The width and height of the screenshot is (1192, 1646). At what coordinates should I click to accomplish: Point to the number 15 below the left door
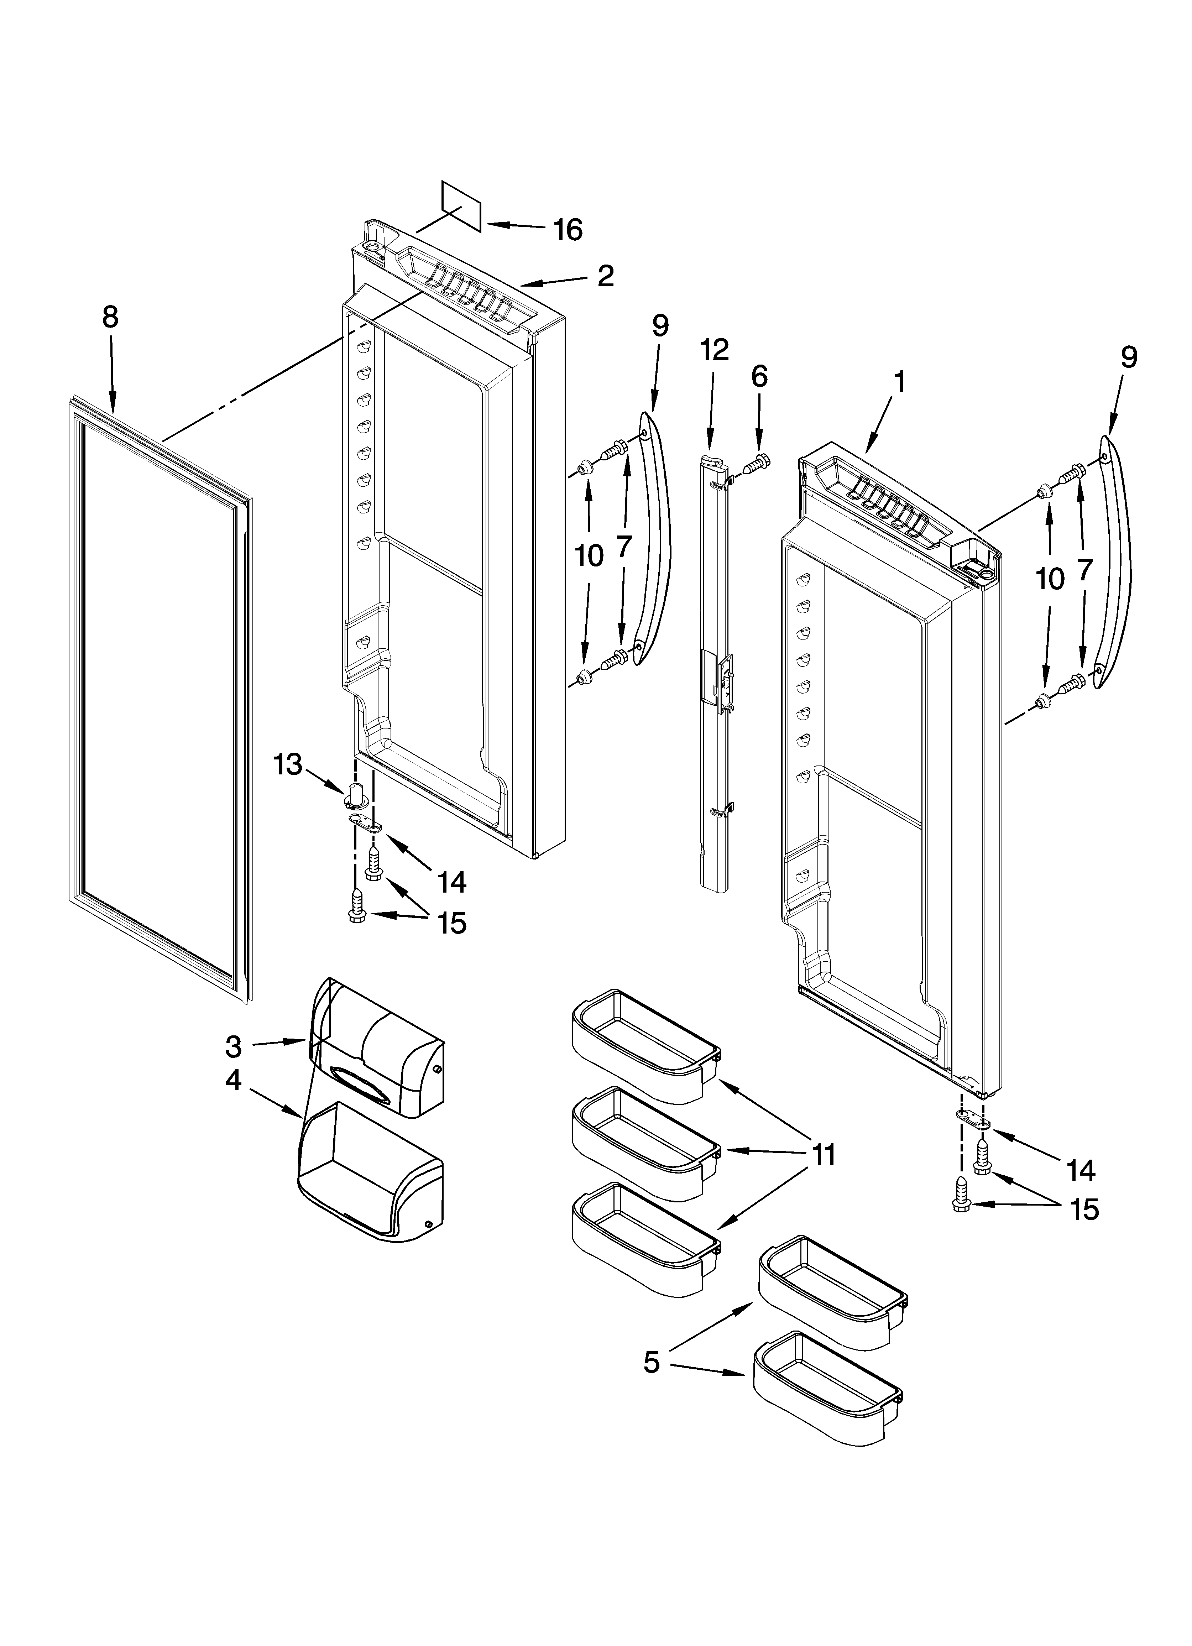tap(451, 923)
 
